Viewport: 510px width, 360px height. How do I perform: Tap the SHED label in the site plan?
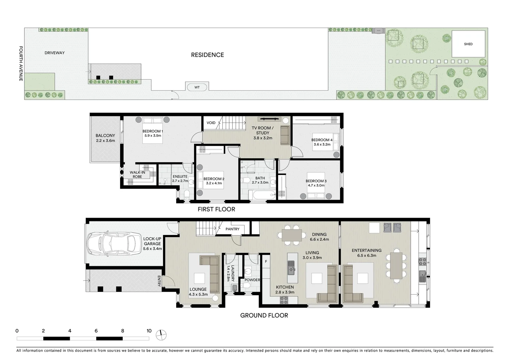[468, 44]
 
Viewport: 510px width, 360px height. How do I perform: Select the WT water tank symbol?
[197, 87]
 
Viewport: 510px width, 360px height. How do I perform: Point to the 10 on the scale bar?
[149, 331]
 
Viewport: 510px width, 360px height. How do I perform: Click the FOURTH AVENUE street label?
[21, 64]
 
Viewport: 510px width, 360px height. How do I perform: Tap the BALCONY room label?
[105, 136]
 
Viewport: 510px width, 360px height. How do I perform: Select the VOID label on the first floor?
[211, 123]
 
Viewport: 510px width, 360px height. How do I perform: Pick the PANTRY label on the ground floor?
[232, 229]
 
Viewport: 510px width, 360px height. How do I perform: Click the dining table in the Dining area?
[292, 235]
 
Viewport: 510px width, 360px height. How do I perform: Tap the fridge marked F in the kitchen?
[266, 262]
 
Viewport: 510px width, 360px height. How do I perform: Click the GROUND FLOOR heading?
[264, 315]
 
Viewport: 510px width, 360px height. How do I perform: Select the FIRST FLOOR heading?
[216, 209]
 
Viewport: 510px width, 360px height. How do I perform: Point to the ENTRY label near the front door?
[159, 281]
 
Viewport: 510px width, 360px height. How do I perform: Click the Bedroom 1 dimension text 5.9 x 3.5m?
[152, 136]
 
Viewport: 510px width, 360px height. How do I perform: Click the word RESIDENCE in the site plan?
[207, 55]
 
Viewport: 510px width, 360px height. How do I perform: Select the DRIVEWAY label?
[54, 53]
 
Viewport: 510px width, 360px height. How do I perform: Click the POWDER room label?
[252, 280]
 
